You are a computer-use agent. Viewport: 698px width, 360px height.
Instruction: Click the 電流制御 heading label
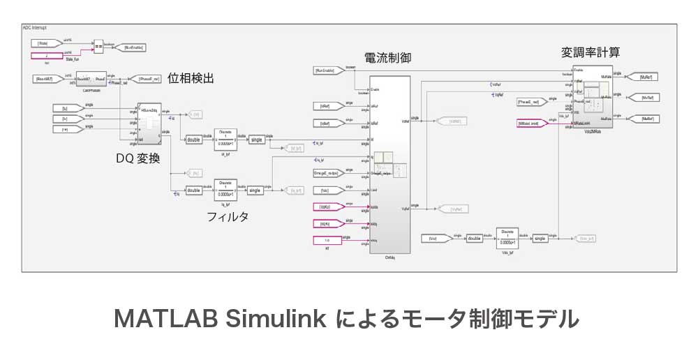tap(387, 58)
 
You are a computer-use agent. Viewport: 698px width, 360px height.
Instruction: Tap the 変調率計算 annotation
tap(591, 53)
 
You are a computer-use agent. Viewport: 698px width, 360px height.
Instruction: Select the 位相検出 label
tap(191, 80)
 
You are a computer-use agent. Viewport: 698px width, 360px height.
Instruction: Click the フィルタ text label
tap(228, 216)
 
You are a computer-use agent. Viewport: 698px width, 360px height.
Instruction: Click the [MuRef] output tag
tap(643, 76)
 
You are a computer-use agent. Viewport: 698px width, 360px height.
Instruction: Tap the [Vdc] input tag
tap(437, 239)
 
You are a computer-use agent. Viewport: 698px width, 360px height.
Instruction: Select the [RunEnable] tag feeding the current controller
tap(329, 70)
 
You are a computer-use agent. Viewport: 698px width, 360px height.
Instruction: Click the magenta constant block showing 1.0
tap(329, 241)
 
